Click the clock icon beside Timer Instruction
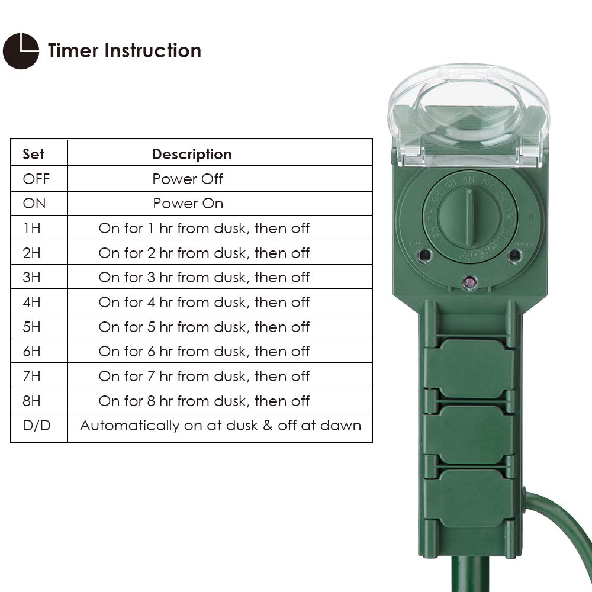click(21, 51)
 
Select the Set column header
click(33, 155)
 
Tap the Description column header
click(192, 155)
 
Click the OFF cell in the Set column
click(36, 179)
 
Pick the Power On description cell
click(188, 204)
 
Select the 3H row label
click(32, 278)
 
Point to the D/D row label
click(36, 426)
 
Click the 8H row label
click(32, 401)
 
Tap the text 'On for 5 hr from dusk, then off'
click(204, 327)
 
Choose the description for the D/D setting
click(220, 426)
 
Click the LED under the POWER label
click(515, 256)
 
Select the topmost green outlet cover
click(469, 368)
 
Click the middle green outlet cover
click(469, 434)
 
